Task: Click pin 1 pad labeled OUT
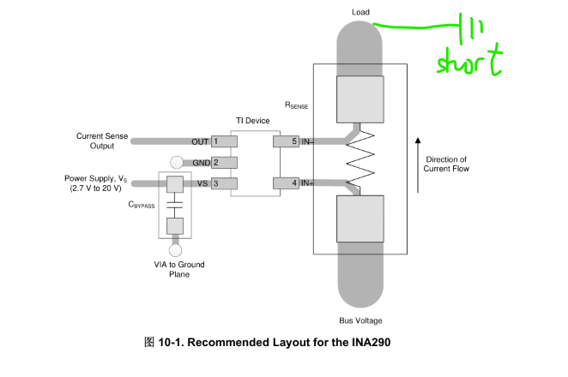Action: [x=224, y=141]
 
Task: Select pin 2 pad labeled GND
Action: [x=224, y=163]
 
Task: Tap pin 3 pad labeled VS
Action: [x=224, y=183]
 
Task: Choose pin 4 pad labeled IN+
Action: [x=287, y=183]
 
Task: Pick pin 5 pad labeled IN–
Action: [x=287, y=141]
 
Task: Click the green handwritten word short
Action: [x=470, y=61]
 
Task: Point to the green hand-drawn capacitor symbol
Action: [x=471, y=29]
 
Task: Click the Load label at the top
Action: [x=361, y=12]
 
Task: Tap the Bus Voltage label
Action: [x=360, y=320]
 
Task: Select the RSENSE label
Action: [x=296, y=105]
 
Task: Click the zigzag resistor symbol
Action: [x=360, y=159]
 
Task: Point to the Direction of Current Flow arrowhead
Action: [x=418, y=141]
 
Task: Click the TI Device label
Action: [x=253, y=121]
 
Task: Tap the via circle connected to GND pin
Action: [x=177, y=163]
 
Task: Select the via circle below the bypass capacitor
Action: [x=175, y=250]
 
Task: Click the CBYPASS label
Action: [x=142, y=205]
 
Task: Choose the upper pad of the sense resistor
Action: [x=360, y=99]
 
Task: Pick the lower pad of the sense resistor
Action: [x=360, y=218]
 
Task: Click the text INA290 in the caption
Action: [x=372, y=342]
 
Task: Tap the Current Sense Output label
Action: [x=102, y=141]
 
